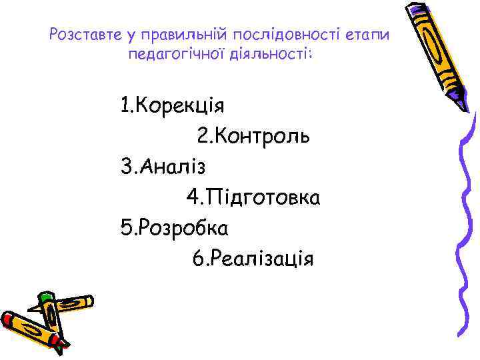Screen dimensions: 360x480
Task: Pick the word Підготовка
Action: tap(263, 198)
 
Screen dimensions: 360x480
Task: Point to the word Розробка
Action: tap(182, 228)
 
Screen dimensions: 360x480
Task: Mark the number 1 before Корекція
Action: tap(125, 105)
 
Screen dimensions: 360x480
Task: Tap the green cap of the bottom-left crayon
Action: tap(45, 299)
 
